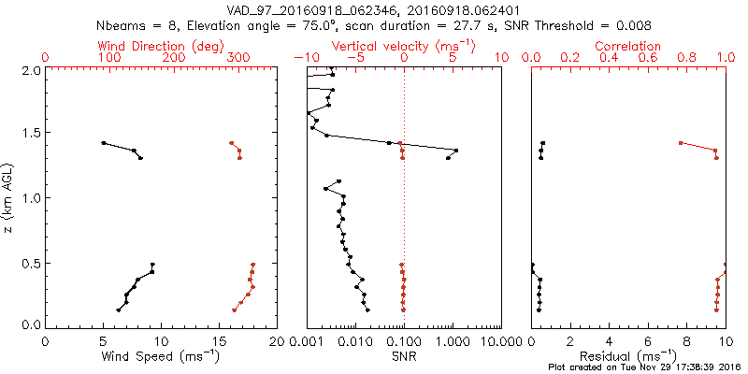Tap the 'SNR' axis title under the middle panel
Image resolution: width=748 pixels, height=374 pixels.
coord(404,356)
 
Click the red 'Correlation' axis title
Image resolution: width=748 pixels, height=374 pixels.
coord(628,46)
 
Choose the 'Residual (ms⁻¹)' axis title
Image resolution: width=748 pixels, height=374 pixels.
coord(628,356)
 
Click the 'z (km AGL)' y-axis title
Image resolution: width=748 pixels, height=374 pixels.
coord(9,197)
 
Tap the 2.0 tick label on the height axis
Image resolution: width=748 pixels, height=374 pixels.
coord(30,71)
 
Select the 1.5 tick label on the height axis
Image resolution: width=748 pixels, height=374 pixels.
coord(30,135)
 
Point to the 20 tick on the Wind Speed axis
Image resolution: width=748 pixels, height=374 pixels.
coord(278,340)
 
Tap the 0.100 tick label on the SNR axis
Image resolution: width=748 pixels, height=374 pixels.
coord(404,340)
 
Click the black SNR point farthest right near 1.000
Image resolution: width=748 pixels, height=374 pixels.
coord(456,150)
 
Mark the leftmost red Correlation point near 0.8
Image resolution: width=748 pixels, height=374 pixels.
coord(681,143)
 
